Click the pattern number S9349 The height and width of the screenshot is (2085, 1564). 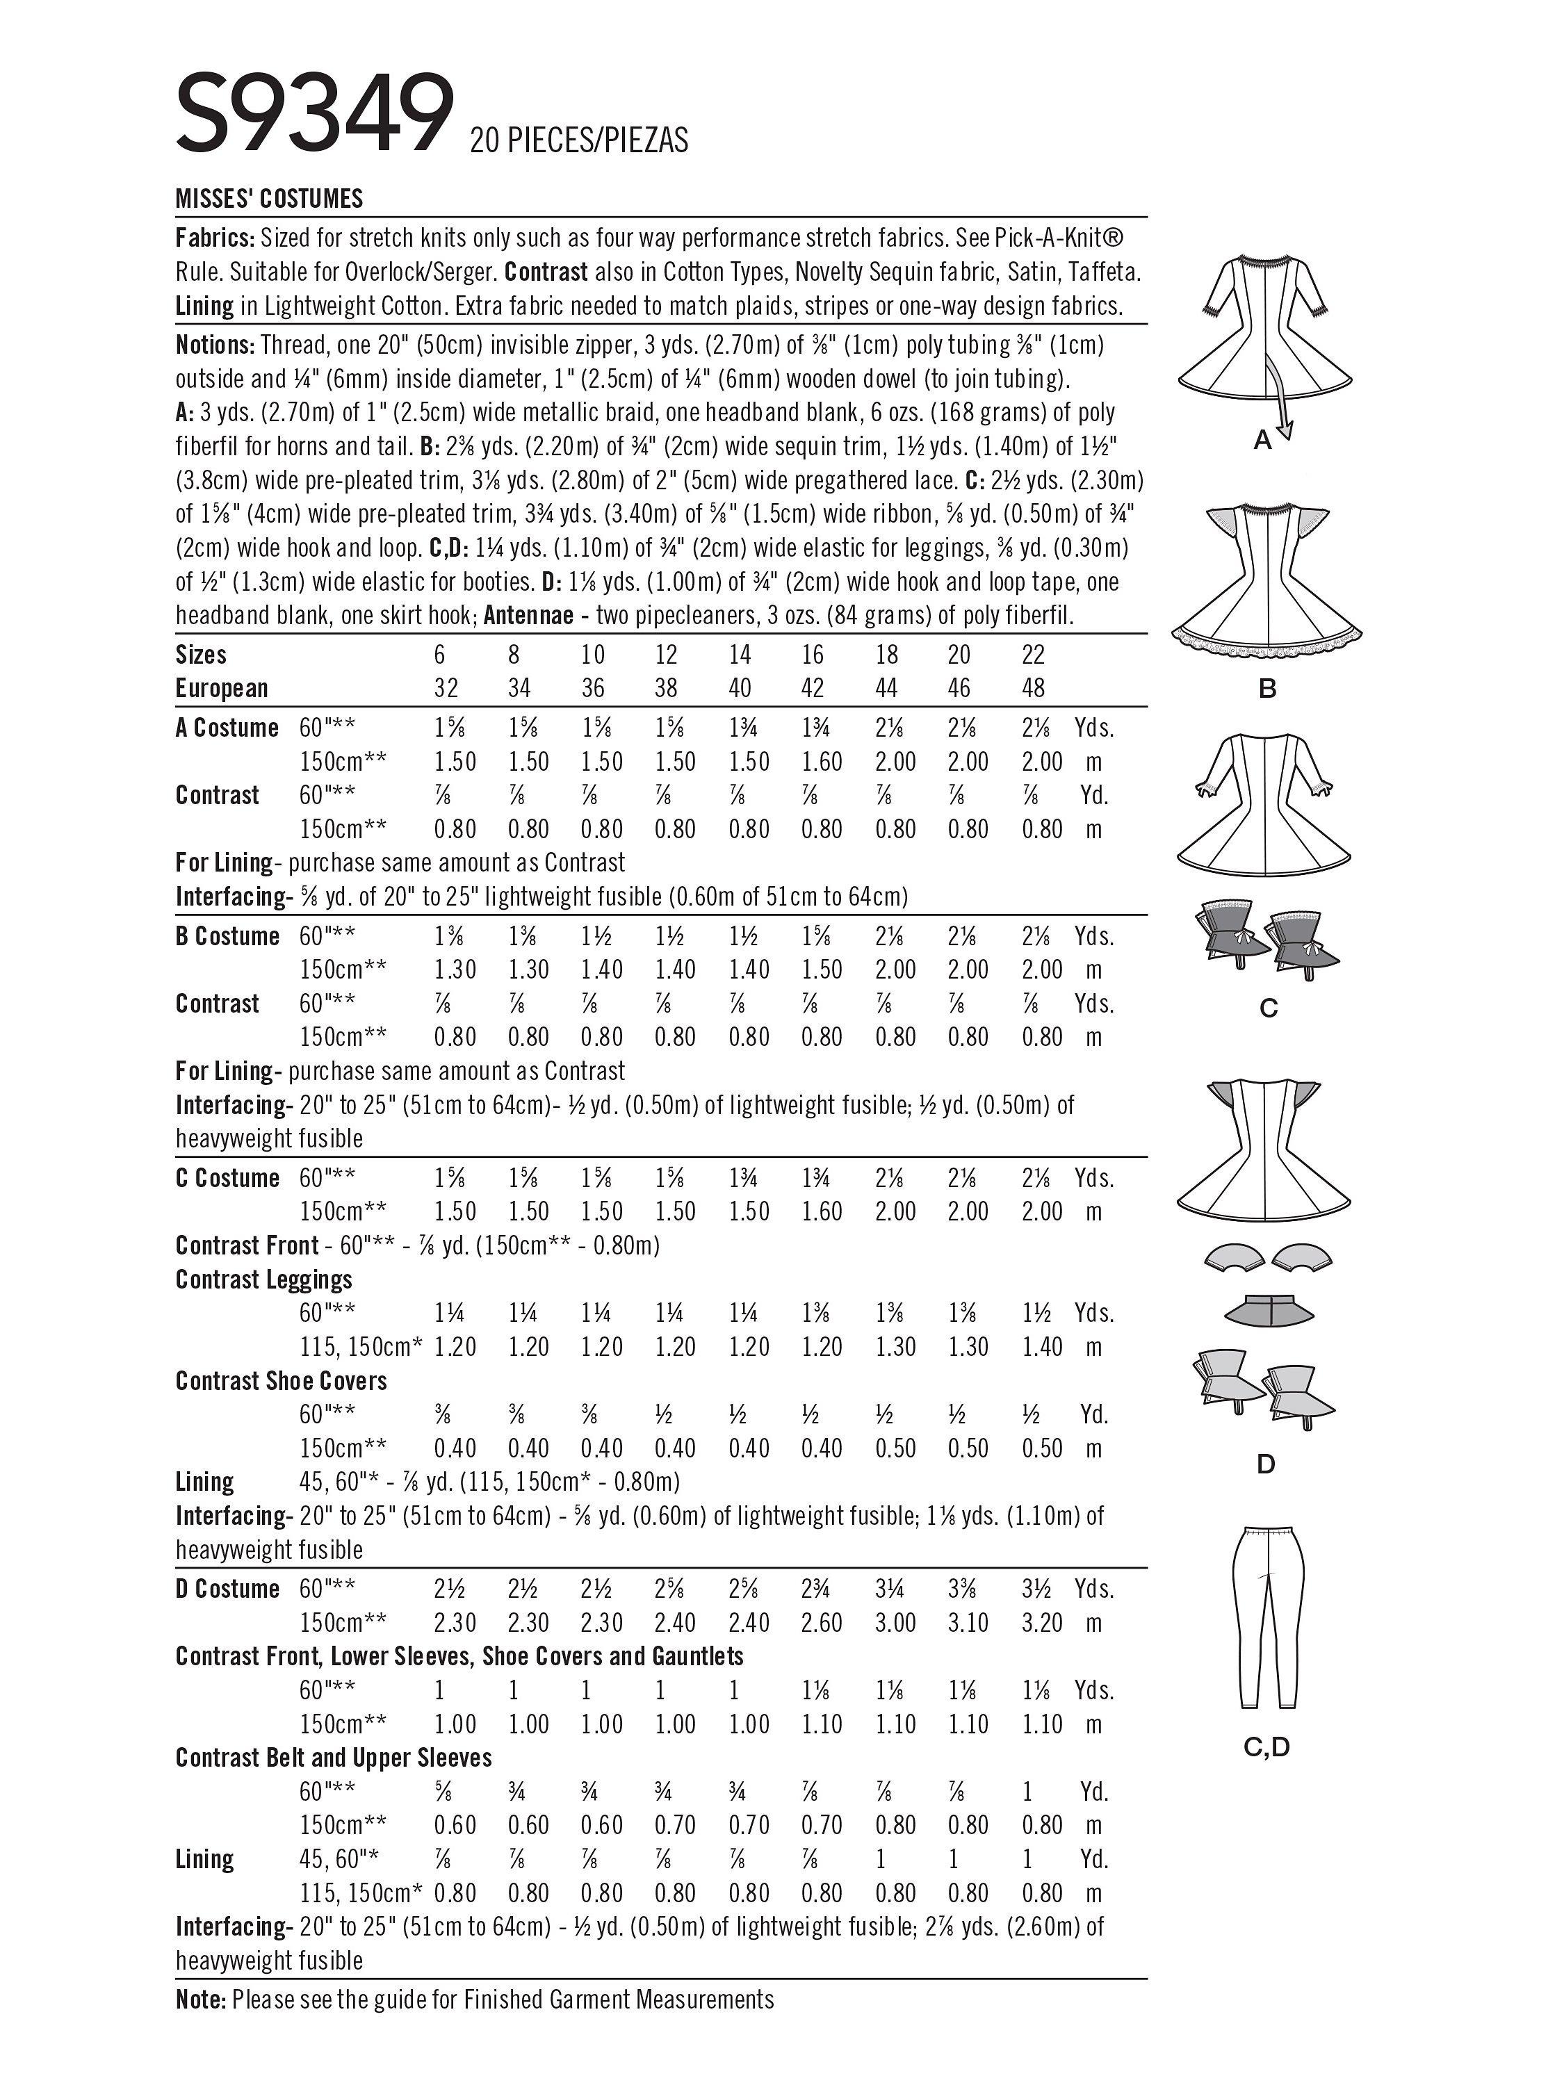(314, 113)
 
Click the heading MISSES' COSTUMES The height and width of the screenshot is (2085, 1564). (269, 199)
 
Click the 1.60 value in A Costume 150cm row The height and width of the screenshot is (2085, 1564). (822, 762)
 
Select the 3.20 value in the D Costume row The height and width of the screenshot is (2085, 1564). (1042, 1622)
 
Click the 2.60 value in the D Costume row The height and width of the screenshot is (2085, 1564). (822, 1622)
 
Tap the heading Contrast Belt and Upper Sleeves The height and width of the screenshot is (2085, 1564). (334, 1757)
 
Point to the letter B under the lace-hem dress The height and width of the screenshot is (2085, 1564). (1267, 689)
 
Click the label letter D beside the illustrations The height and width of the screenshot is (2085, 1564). (1266, 1463)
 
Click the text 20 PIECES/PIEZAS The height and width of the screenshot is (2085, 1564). (579, 140)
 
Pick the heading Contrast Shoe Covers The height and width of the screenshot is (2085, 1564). (281, 1381)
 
